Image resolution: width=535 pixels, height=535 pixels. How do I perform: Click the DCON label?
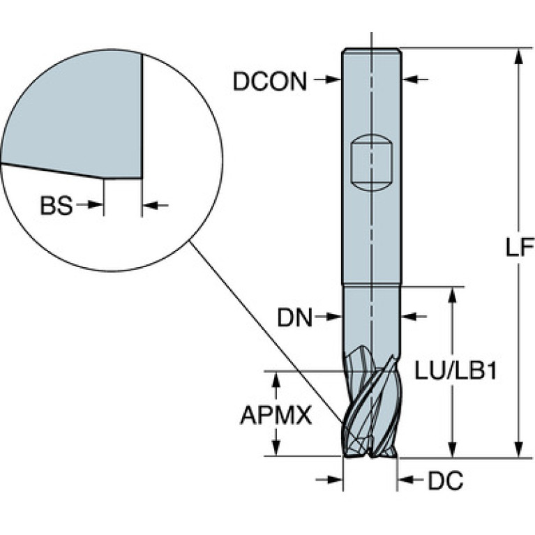[270, 82]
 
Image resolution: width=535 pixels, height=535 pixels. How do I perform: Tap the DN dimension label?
[295, 317]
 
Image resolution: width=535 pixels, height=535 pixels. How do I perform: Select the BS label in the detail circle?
[56, 206]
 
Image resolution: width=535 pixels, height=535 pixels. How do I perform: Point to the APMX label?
[276, 416]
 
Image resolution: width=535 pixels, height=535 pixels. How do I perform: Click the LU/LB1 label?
[455, 371]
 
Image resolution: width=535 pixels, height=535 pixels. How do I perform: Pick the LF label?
[519, 247]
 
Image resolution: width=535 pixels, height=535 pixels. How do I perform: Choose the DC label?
[446, 481]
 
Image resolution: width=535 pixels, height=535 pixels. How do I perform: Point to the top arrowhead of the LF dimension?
[519, 56]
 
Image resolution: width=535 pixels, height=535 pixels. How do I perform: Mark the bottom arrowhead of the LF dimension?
[519, 449]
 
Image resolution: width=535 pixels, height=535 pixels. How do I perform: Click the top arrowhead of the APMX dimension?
[277, 379]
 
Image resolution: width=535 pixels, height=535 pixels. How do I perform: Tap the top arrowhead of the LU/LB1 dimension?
[453, 295]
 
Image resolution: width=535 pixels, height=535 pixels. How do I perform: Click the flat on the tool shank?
[372, 163]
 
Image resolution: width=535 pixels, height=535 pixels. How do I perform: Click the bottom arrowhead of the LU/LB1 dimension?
[453, 449]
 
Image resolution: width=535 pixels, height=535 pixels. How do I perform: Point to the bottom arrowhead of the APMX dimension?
[277, 447]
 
